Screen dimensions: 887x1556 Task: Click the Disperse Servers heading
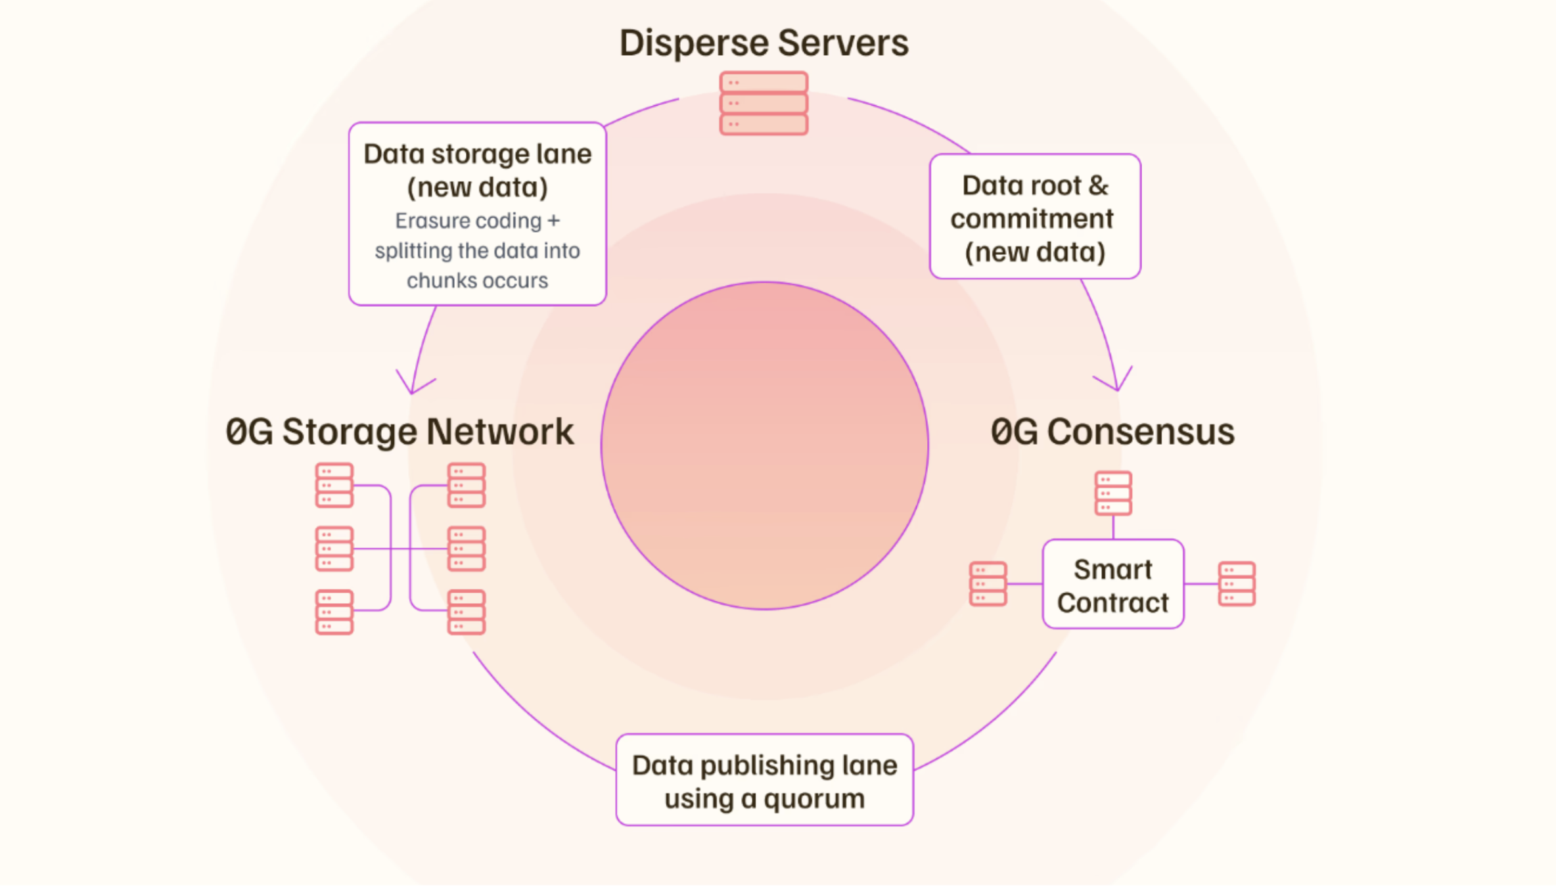pyautogui.click(x=764, y=43)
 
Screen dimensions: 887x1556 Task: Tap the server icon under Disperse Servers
pyautogui.click(x=764, y=104)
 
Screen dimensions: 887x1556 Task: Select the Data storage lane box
pyautogui.click(x=478, y=213)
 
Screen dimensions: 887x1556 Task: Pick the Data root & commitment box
pyautogui.click(x=1035, y=217)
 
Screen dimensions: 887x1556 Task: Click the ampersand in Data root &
pyautogui.click(x=1098, y=186)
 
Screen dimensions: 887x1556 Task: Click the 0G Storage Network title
pyautogui.click(x=400, y=432)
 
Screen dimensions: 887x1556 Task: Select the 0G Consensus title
pyautogui.click(x=1112, y=432)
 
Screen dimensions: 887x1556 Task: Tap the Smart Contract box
pyautogui.click(x=1112, y=585)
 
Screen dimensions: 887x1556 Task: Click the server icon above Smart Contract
pyautogui.click(x=1113, y=493)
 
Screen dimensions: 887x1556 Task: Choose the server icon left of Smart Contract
pyautogui.click(x=988, y=583)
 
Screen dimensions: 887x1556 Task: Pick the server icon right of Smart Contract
pyautogui.click(x=1237, y=583)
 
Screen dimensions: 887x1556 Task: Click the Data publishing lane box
pyautogui.click(x=764, y=781)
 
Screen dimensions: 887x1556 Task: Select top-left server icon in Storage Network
pyautogui.click(x=334, y=486)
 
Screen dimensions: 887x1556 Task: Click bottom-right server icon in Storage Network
pyautogui.click(x=466, y=612)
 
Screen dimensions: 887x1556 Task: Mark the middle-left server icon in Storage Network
pyautogui.click(x=334, y=549)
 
